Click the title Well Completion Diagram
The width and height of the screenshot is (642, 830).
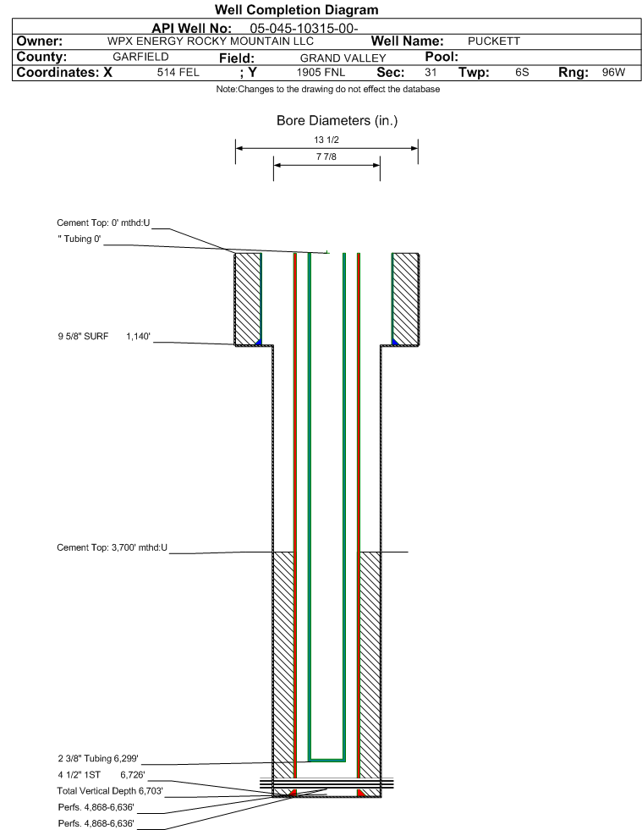coord(296,9)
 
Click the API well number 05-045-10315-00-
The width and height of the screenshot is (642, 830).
coord(305,27)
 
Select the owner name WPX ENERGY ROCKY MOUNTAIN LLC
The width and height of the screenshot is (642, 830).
coord(211,41)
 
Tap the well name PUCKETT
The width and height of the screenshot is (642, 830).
coord(493,41)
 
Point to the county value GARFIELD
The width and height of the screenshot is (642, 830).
coord(140,57)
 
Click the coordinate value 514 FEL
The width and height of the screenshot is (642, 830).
coord(178,73)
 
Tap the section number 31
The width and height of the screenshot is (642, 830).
coord(431,73)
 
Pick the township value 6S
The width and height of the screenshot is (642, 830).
coord(522,73)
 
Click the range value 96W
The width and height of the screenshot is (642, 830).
coord(613,73)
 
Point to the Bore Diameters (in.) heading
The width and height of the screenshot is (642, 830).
coord(337,121)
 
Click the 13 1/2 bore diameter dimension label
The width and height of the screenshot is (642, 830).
coord(326,140)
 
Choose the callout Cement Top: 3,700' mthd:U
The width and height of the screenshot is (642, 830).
coord(112,547)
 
